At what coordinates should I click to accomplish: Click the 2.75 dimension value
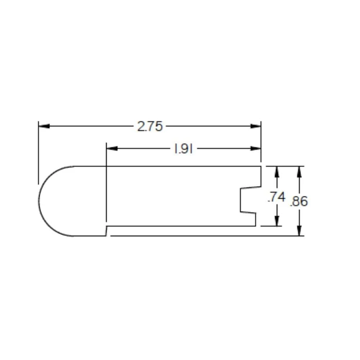150,126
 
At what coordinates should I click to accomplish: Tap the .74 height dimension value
276,197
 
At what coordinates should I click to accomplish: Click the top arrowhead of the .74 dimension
276,171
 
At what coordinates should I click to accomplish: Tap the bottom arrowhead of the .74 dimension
276,221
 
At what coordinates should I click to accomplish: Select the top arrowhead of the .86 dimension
299,171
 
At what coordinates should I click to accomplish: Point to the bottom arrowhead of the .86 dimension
299,231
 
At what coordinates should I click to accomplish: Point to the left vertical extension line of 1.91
107,187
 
